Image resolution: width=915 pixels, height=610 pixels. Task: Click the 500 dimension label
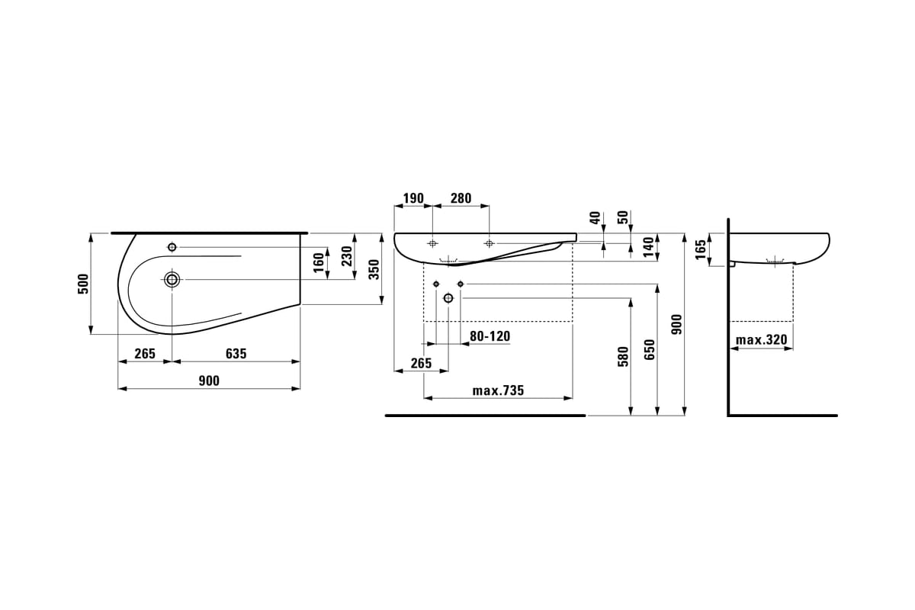pos(83,284)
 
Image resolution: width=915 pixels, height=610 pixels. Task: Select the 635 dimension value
pos(236,353)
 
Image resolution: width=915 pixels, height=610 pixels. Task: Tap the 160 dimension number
pos(319,262)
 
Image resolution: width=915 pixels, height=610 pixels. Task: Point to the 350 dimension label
pos(374,269)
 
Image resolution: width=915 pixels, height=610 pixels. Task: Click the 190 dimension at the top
pos(413,198)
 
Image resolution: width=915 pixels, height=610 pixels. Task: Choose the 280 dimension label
pos(461,198)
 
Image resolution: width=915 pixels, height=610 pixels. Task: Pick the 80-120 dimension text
pos(490,336)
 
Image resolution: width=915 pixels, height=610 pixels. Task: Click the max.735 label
pos(498,390)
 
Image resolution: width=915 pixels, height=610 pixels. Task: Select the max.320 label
pos(762,340)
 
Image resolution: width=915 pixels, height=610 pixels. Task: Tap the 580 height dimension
pos(623,357)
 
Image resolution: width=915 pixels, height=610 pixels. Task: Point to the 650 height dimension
pos(650,350)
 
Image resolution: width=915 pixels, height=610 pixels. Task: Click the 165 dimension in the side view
pos(701,249)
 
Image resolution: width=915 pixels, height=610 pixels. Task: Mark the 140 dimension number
pos(649,247)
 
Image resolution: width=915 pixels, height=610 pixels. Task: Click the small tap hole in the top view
pos(172,247)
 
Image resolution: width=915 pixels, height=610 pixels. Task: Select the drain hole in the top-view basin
pos(172,280)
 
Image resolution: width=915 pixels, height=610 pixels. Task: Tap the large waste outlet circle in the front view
pos(448,298)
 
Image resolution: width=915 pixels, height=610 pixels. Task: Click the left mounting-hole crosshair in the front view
pos(432,244)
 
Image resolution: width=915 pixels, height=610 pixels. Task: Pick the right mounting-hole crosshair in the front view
pos(489,244)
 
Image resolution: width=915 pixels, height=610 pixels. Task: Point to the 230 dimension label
pos(347,256)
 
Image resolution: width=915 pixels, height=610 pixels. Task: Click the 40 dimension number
pos(596,217)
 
